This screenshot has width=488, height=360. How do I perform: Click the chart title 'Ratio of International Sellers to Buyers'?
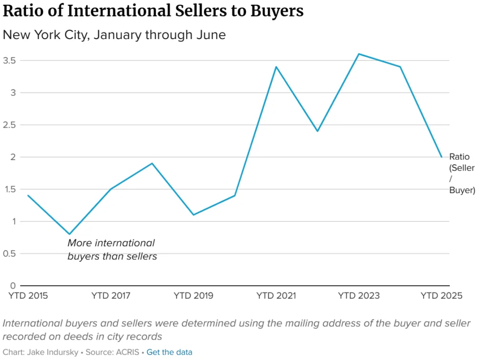coord(153,11)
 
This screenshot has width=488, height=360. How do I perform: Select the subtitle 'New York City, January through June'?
coord(114,35)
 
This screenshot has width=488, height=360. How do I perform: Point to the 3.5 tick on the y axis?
coord(10,60)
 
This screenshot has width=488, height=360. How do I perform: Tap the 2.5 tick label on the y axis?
coord(10,125)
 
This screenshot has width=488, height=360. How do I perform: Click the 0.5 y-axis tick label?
coord(10,253)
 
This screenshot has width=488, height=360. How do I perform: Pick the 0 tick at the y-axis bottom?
coord(13,286)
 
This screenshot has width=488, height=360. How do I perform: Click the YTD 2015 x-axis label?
coord(29,296)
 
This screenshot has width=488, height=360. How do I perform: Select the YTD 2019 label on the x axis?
coord(193,296)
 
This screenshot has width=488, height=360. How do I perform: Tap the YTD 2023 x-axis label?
coord(359,296)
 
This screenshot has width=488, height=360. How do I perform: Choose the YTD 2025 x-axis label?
coord(441,296)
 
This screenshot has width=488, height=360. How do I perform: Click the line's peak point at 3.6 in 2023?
coord(359,54)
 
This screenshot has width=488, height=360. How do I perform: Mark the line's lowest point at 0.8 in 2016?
coord(70,234)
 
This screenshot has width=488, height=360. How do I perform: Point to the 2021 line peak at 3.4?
coord(276,67)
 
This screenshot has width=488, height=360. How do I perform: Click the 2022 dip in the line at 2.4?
coord(317,131)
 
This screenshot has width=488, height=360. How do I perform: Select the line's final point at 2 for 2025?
coord(441,157)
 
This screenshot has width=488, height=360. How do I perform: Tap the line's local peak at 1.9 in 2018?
coord(152,163)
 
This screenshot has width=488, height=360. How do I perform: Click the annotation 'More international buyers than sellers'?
coord(112,250)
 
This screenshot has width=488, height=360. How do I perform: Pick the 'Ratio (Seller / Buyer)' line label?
coord(462,173)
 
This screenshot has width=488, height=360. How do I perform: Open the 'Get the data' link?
coord(169,352)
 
